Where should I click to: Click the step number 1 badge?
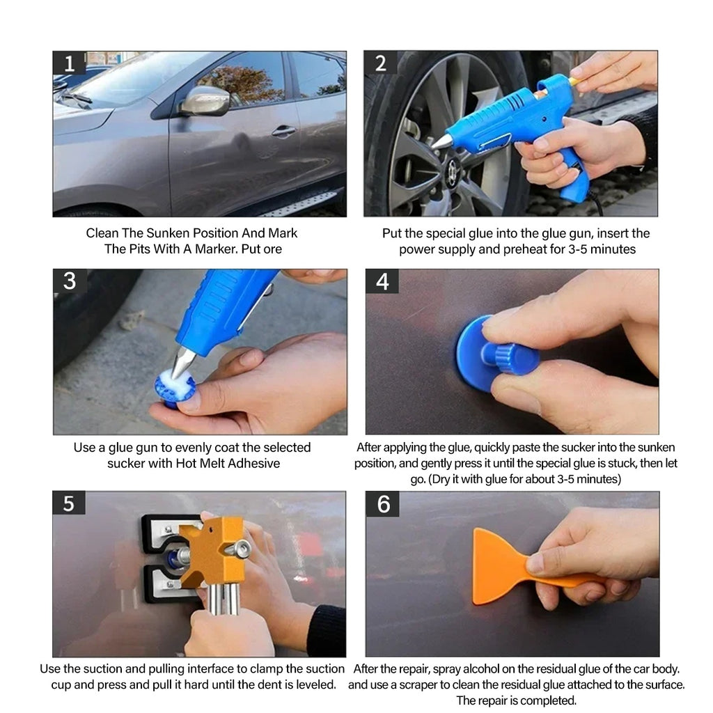[69, 64]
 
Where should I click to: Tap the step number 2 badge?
[381, 63]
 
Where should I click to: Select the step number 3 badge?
[70, 281]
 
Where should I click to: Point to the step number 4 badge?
[382, 282]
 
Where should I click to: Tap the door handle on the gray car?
[283, 130]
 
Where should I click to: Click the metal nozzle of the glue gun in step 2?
[441, 141]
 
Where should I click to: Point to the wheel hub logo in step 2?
[453, 169]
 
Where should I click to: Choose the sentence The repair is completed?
[516, 700]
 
